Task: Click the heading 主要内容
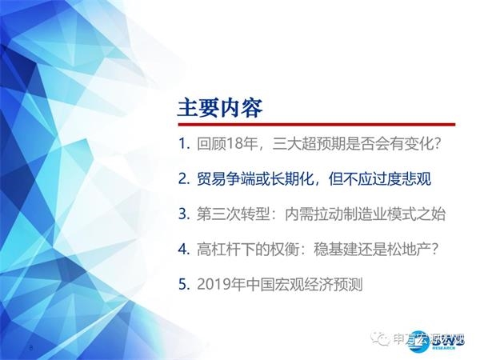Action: tap(219, 106)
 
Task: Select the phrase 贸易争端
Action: tap(226, 179)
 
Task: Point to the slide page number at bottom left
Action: tap(30, 347)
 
